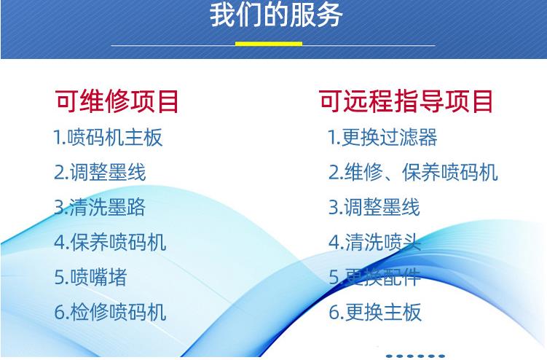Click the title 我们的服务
(x=276, y=15)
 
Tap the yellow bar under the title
(x=269, y=44)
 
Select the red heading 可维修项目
(x=117, y=101)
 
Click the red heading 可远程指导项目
(x=406, y=101)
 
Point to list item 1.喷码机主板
(x=108, y=137)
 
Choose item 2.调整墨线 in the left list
(x=100, y=172)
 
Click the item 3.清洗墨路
(x=100, y=207)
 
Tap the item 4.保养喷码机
(x=110, y=242)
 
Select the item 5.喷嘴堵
(x=91, y=277)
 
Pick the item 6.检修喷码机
(x=110, y=312)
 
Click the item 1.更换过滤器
(x=382, y=137)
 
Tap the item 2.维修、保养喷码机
(x=414, y=172)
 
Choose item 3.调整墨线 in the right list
(x=374, y=207)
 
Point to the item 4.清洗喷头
(x=375, y=242)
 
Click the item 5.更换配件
(x=375, y=277)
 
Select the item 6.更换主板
(x=375, y=312)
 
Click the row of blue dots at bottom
(x=415, y=356)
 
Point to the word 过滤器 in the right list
(x=408, y=137)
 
